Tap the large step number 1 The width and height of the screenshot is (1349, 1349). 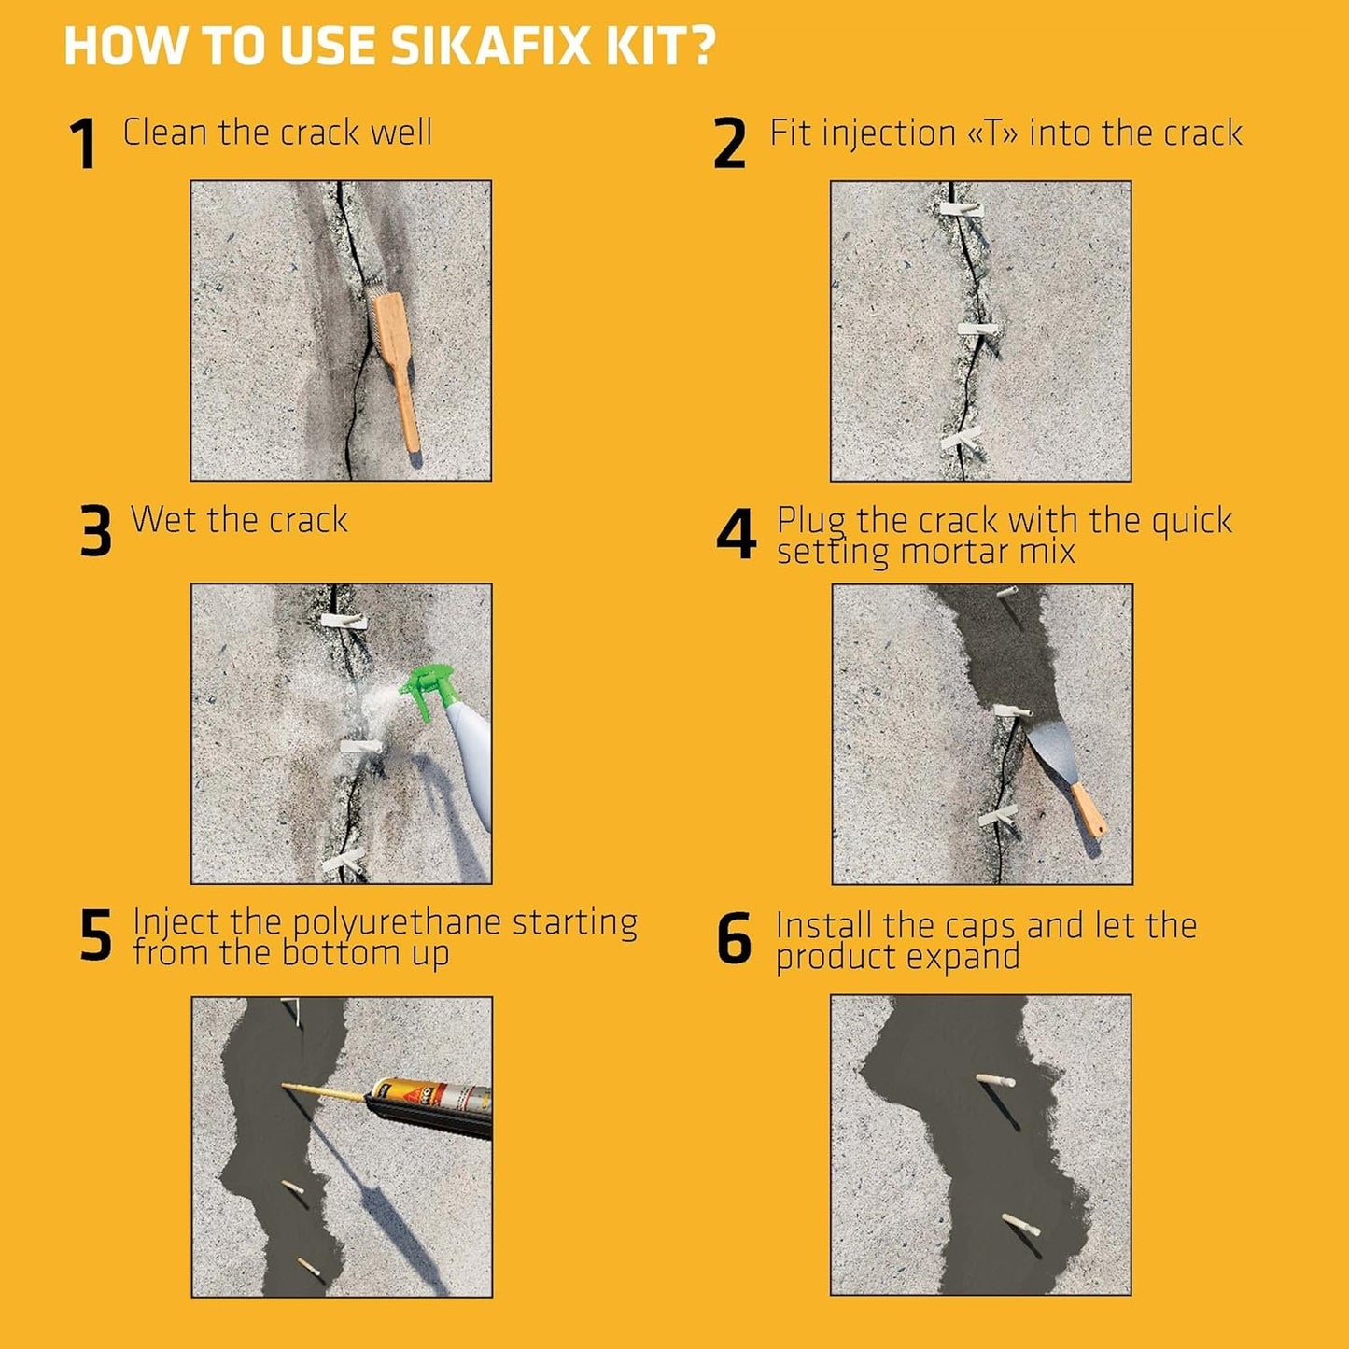(x=83, y=145)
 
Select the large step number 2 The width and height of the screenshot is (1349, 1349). (x=729, y=145)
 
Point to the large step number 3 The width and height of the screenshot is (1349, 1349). (x=95, y=532)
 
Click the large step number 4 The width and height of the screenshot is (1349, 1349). (x=736, y=535)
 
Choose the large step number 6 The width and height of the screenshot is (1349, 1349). (x=734, y=939)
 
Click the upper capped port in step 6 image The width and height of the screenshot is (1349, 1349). (x=995, y=1080)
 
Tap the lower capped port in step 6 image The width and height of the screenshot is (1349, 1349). (x=1021, y=1224)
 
